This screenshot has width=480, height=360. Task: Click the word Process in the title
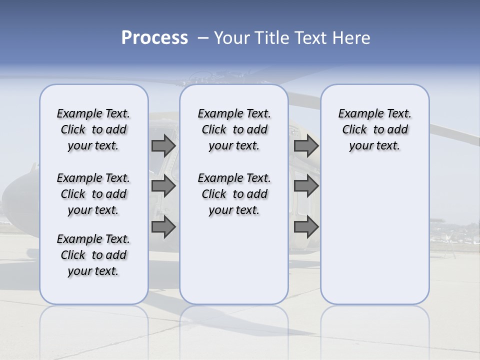(x=154, y=38)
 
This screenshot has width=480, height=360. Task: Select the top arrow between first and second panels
(x=163, y=145)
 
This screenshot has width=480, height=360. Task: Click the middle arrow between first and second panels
(x=163, y=186)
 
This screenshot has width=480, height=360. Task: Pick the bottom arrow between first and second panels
(x=163, y=227)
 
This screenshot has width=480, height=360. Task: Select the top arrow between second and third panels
(x=306, y=145)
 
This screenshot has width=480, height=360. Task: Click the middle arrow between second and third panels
(x=306, y=186)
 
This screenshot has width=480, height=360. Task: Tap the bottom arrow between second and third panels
(x=306, y=227)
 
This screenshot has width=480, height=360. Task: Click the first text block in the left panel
(x=93, y=129)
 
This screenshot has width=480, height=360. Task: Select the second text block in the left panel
(x=93, y=194)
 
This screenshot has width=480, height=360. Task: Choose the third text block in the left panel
(x=93, y=255)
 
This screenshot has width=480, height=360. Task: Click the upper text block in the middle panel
(x=234, y=129)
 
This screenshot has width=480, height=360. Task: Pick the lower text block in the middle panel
(x=234, y=194)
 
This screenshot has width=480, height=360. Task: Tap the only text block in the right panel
(x=374, y=129)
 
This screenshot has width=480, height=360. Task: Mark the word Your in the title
(x=231, y=38)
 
